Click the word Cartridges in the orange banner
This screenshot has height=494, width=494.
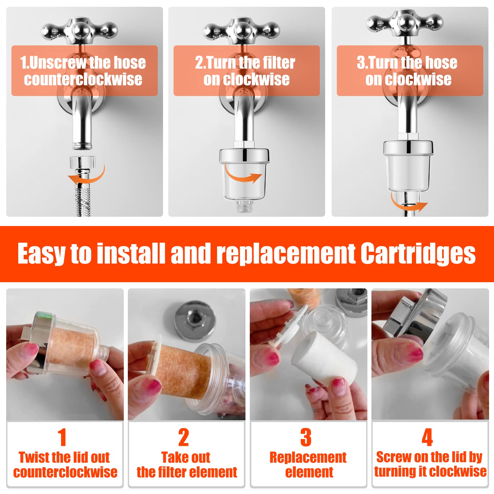click(418, 254)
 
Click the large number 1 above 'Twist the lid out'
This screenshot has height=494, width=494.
click(62, 437)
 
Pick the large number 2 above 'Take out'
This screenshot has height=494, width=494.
click(183, 437)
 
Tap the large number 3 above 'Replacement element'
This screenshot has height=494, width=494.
click(306, 437)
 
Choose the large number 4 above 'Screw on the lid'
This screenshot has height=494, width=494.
click(427, 437)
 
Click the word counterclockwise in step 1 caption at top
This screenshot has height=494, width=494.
click(83, 79)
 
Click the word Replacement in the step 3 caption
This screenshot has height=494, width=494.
click(308, 457)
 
